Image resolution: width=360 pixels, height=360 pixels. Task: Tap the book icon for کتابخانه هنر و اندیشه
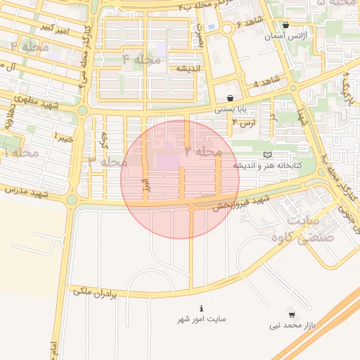tap(266, 154)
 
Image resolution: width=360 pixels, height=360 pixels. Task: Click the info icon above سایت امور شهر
tap(202, 308)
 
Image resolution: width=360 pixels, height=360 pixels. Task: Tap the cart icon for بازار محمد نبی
tap(292, 314)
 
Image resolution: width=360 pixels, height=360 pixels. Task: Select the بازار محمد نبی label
tap(293, 326)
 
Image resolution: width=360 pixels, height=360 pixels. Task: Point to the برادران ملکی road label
tap(98, 290)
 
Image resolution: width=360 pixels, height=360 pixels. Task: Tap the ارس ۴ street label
tap(244, 123)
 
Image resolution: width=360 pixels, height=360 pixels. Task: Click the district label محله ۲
tap(203, 151)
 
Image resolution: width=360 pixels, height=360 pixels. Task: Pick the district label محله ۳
tap(108, 162)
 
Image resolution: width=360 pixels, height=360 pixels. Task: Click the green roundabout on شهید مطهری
tap(82, 110)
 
